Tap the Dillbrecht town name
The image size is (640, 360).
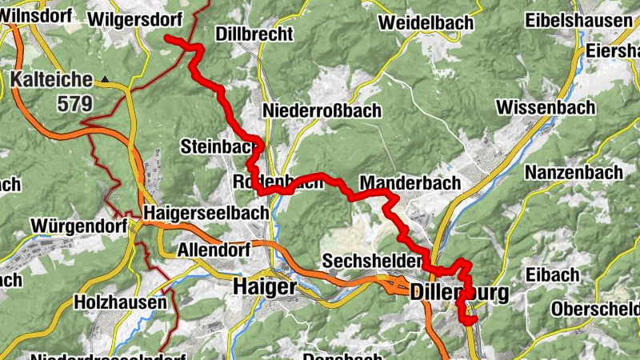tap(254, 34)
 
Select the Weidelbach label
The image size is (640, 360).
tap(426, 22)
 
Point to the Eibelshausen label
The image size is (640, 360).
tap(578, 21)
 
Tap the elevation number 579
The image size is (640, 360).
tap(75, 103)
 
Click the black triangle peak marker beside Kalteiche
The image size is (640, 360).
tap(105, 79)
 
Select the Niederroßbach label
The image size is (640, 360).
tap(322, 110)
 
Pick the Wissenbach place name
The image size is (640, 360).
tap(546, 107)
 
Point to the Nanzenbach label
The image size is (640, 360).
tap(574, 172)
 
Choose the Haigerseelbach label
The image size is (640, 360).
tap(195, 213)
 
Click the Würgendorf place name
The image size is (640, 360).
tap(78, 226)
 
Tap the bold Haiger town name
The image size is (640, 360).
tap(264, 286)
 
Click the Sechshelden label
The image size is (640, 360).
tap(370, 262)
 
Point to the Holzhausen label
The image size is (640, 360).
tap(120, 302)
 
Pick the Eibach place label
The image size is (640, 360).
tap(553, 274)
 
